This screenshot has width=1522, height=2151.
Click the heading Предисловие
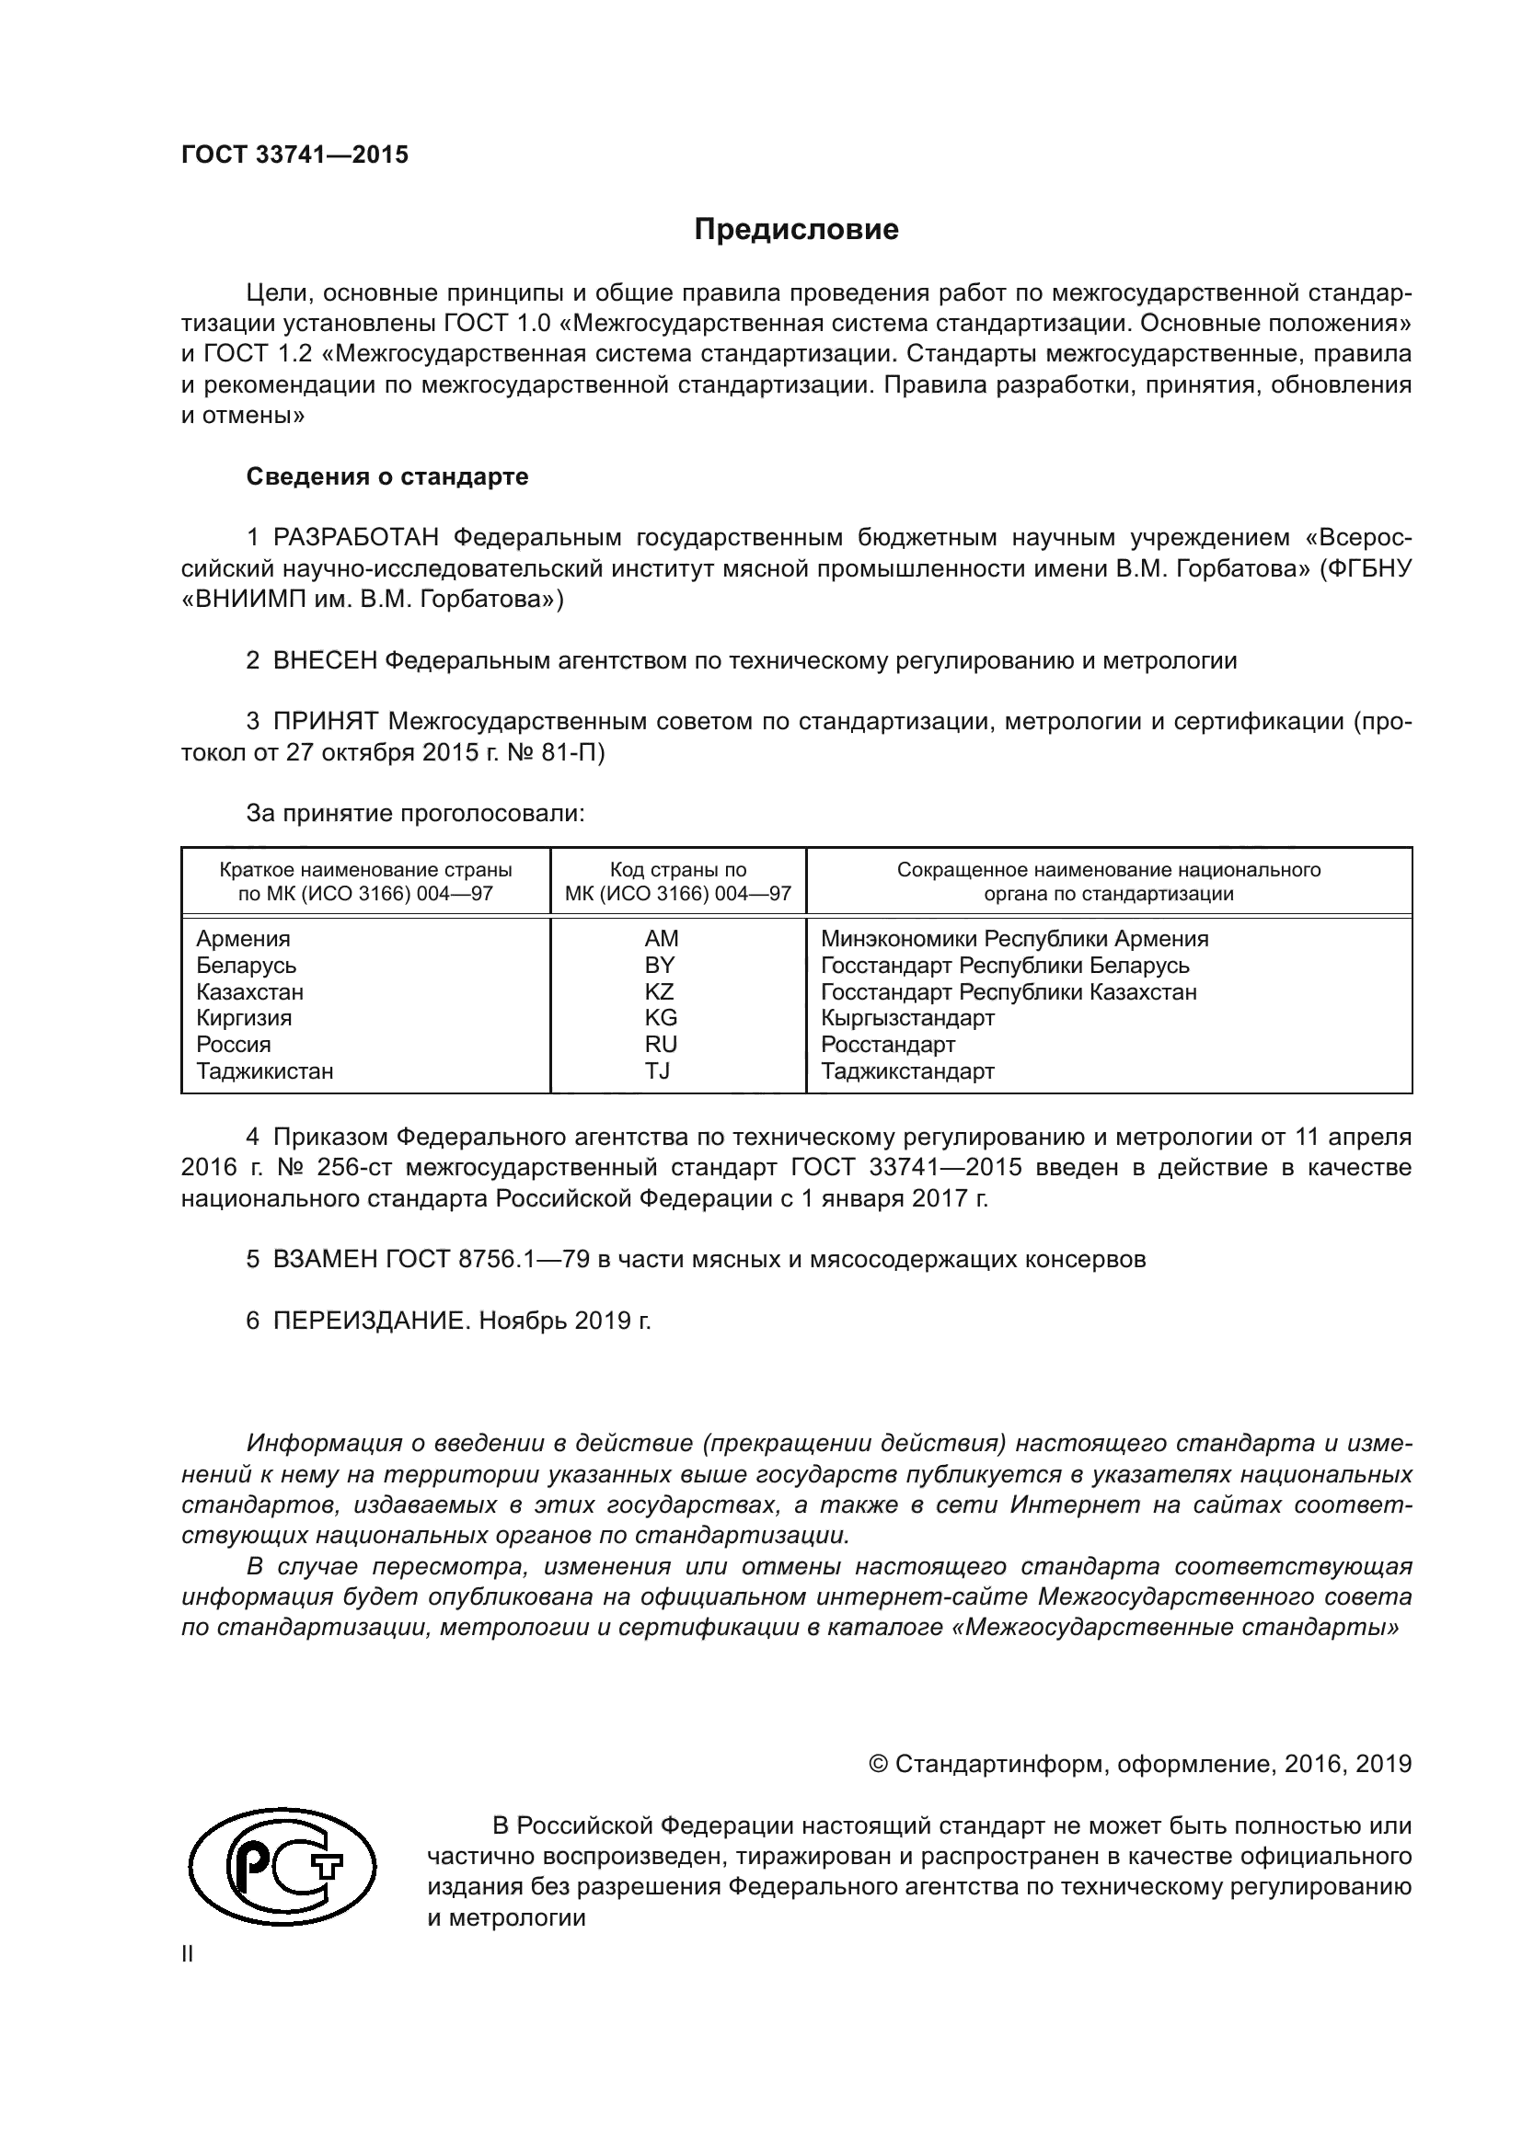point(796,230)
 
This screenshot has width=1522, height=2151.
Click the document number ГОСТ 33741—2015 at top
point(294,154)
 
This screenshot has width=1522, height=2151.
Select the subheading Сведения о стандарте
point(386,477)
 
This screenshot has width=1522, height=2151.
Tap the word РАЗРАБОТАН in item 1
point(356,538)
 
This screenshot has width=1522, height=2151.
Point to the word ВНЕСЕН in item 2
point(324,660)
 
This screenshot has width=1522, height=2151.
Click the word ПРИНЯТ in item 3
point(325,721)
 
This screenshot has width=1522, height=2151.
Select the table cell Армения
point(243,939)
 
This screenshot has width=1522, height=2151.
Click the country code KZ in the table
point(659,991)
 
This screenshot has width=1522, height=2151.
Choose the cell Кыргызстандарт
point(906,1017)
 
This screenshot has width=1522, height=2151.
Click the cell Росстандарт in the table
point(887,1044)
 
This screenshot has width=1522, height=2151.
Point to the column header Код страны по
point(677,869)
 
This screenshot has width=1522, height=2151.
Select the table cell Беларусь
point(246,965)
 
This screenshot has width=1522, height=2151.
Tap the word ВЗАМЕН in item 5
point(324,1259)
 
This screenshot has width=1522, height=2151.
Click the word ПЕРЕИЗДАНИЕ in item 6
point(368,1321)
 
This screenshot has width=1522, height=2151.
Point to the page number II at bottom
point(188,1953)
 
